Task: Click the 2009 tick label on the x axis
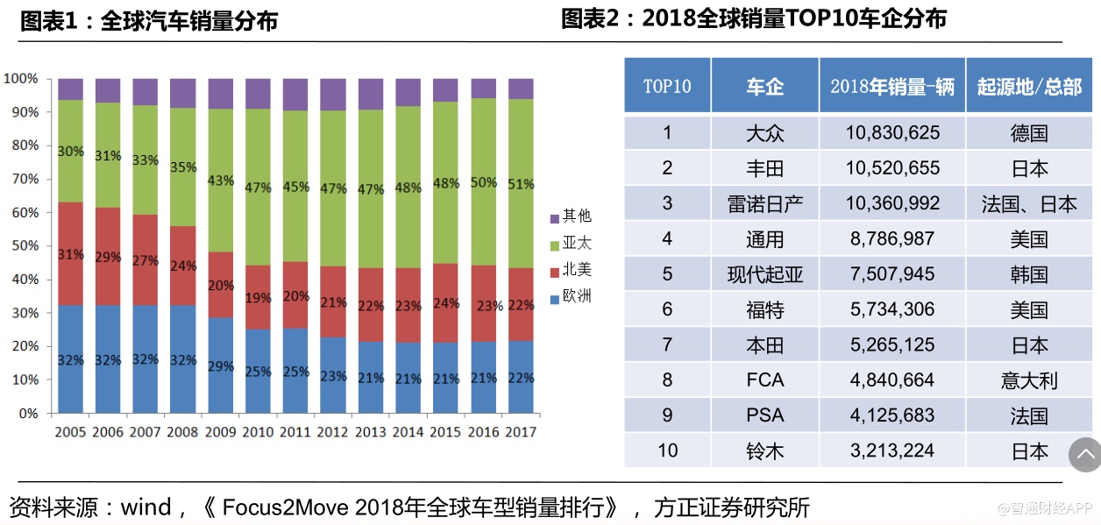[220, 432]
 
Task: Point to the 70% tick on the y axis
[23, 179]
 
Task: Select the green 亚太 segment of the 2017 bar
[521, 183]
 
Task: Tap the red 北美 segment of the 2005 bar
[70, 254]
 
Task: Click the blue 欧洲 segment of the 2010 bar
[258, 371]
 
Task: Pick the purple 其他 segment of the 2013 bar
[371, 94]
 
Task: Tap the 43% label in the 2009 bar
[220, 181]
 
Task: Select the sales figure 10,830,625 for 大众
[892, 133]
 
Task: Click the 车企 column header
[764, 86]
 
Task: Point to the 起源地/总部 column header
[1029, 86]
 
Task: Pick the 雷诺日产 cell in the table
[764, 204]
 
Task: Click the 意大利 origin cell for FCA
[1029, 380]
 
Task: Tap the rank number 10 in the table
[667, 451]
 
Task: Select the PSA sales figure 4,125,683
[892, 415]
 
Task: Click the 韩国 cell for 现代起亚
[1029, 274]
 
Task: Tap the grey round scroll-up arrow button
[1084, 454]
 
